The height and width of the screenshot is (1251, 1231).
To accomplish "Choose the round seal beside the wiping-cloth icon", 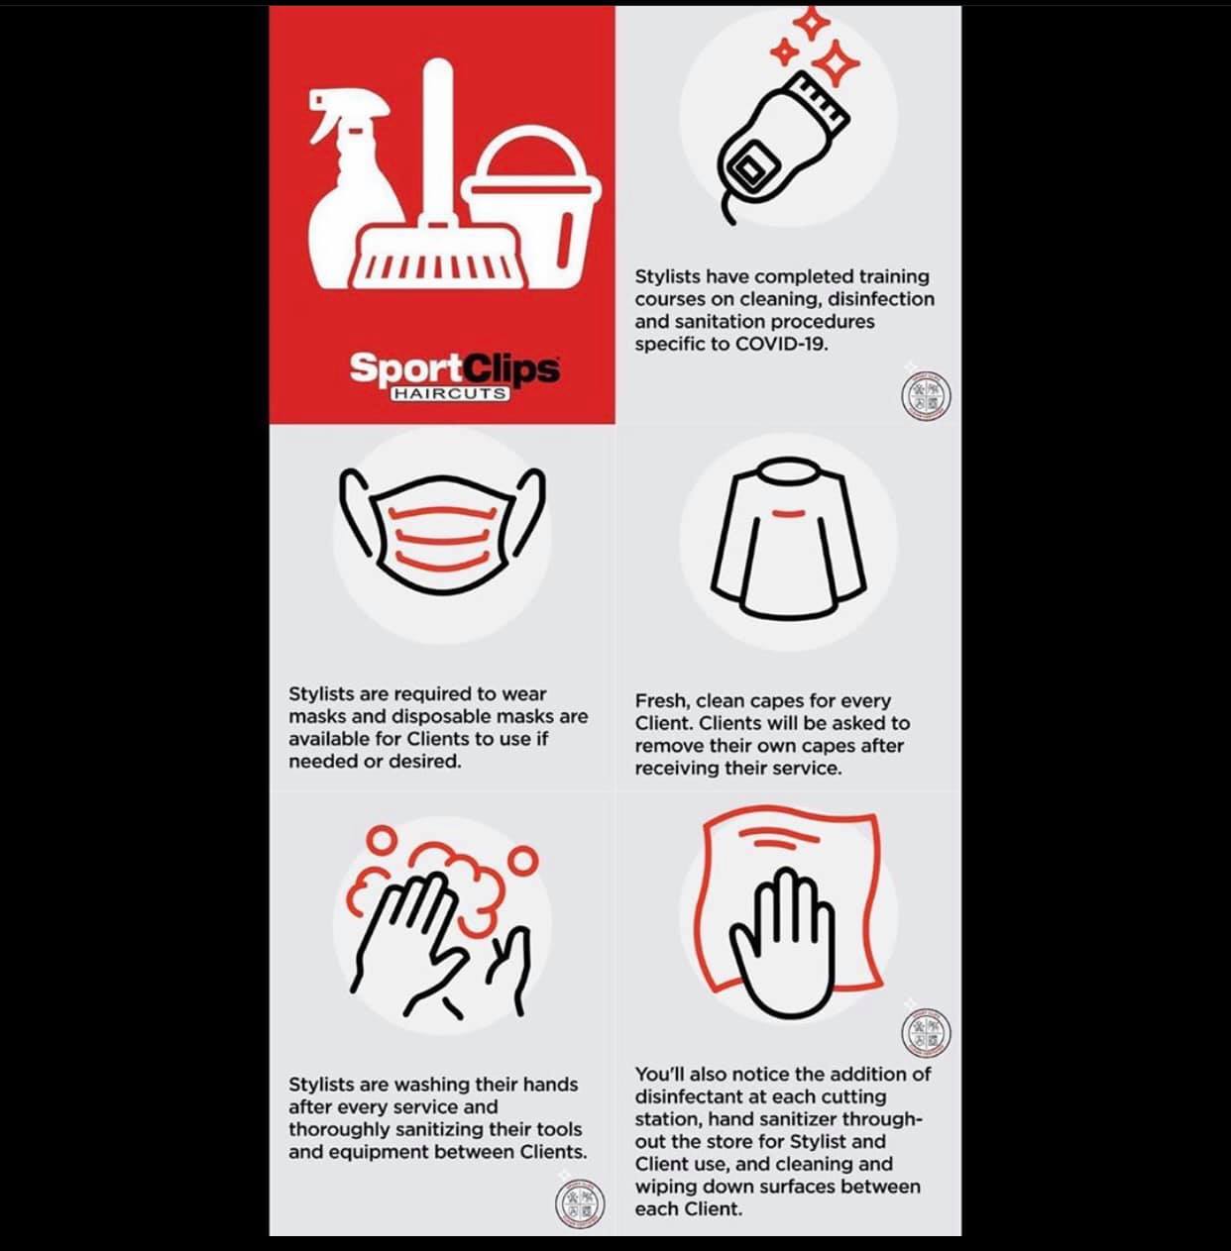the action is (926, 1032).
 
